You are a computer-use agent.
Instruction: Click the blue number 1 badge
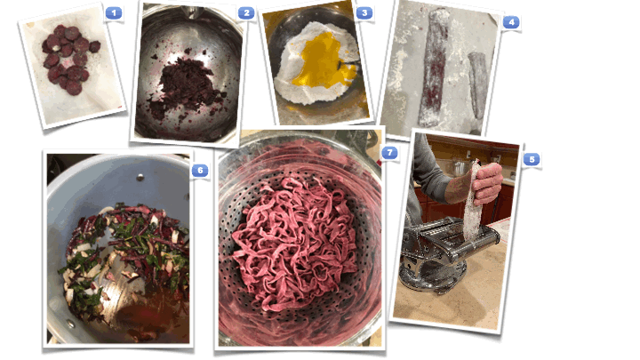tap(114, 13)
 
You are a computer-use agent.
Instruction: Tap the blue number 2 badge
tap(246, 13)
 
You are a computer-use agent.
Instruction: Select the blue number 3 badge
tap(364, 13)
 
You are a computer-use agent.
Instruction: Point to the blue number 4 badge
tap(511, 22)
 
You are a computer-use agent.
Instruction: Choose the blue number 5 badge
tap(532, 159)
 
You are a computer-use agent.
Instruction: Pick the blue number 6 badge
tap(200, 170)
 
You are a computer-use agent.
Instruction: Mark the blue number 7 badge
tap(389, 153)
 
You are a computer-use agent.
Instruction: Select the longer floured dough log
tap(434, 68)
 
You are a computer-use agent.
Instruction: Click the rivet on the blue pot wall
tap(140, 177)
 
